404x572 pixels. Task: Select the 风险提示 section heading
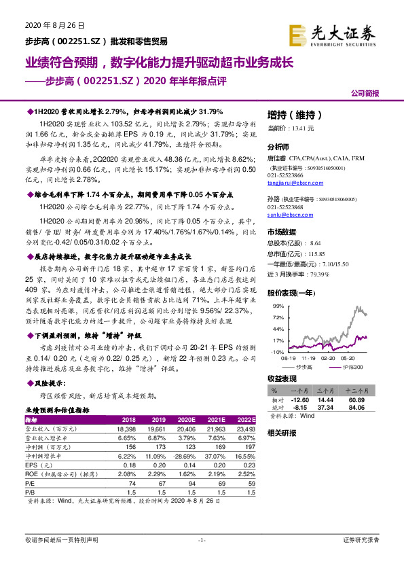click(43, 382)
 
